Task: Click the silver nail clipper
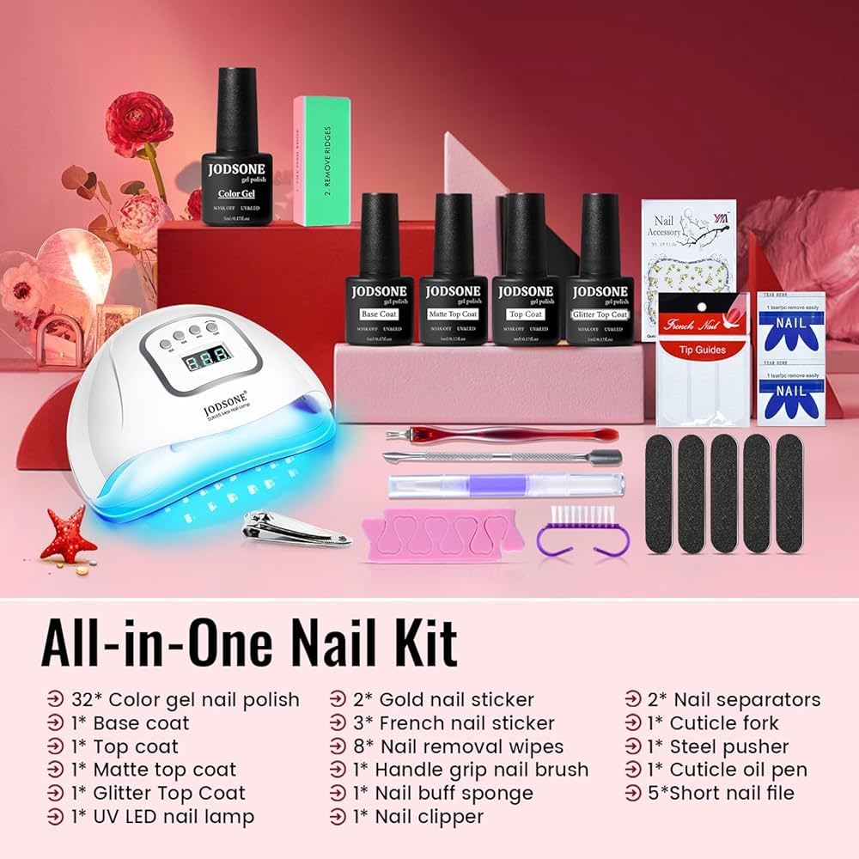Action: (x=296, y=527)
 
